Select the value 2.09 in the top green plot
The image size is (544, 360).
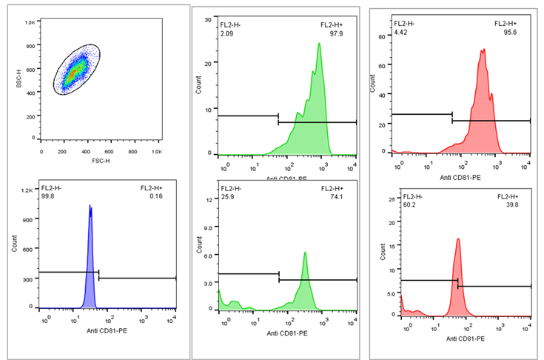[225, 32]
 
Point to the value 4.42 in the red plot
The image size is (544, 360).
[400, 32]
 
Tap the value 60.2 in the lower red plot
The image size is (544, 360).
[409, 205]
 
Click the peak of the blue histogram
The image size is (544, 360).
[90, 207]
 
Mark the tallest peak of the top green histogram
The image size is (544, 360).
[319, 44]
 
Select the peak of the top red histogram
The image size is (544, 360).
[483, 51]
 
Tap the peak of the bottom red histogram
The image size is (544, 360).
[458, 239]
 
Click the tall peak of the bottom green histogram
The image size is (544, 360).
[305, 253]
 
